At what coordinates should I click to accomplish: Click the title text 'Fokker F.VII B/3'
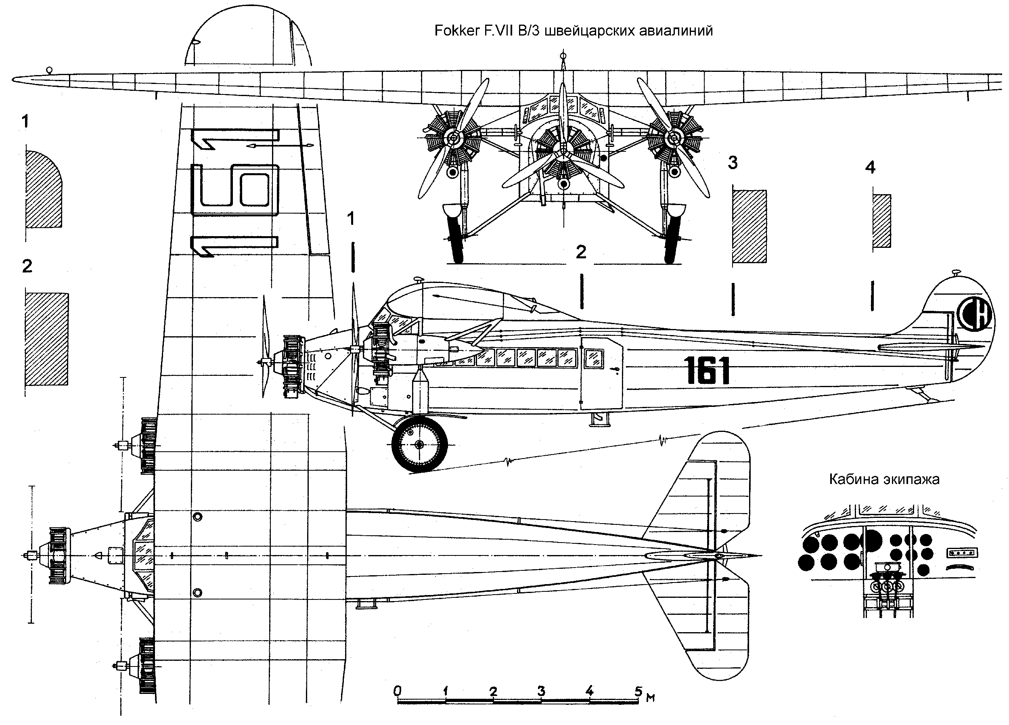tap(486, 31)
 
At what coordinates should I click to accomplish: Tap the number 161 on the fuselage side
tap(707, 370)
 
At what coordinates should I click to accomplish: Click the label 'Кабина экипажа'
tap(884, 479)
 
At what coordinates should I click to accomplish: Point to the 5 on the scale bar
tap(638, 691)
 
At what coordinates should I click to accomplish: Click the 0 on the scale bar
tap(397, 691)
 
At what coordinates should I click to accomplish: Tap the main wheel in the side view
tap(419, 444)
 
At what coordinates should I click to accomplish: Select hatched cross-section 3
tap(749, 226)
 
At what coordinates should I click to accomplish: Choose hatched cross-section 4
tap(881, 221)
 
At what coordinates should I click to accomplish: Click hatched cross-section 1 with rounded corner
tap(44, 189)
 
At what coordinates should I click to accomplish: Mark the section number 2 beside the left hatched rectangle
tap(27, 266)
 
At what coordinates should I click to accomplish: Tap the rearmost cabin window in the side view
tap(594, 358)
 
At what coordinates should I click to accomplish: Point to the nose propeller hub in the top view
tap(31, 555)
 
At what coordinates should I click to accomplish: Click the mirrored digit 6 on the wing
tap(234, 190)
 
